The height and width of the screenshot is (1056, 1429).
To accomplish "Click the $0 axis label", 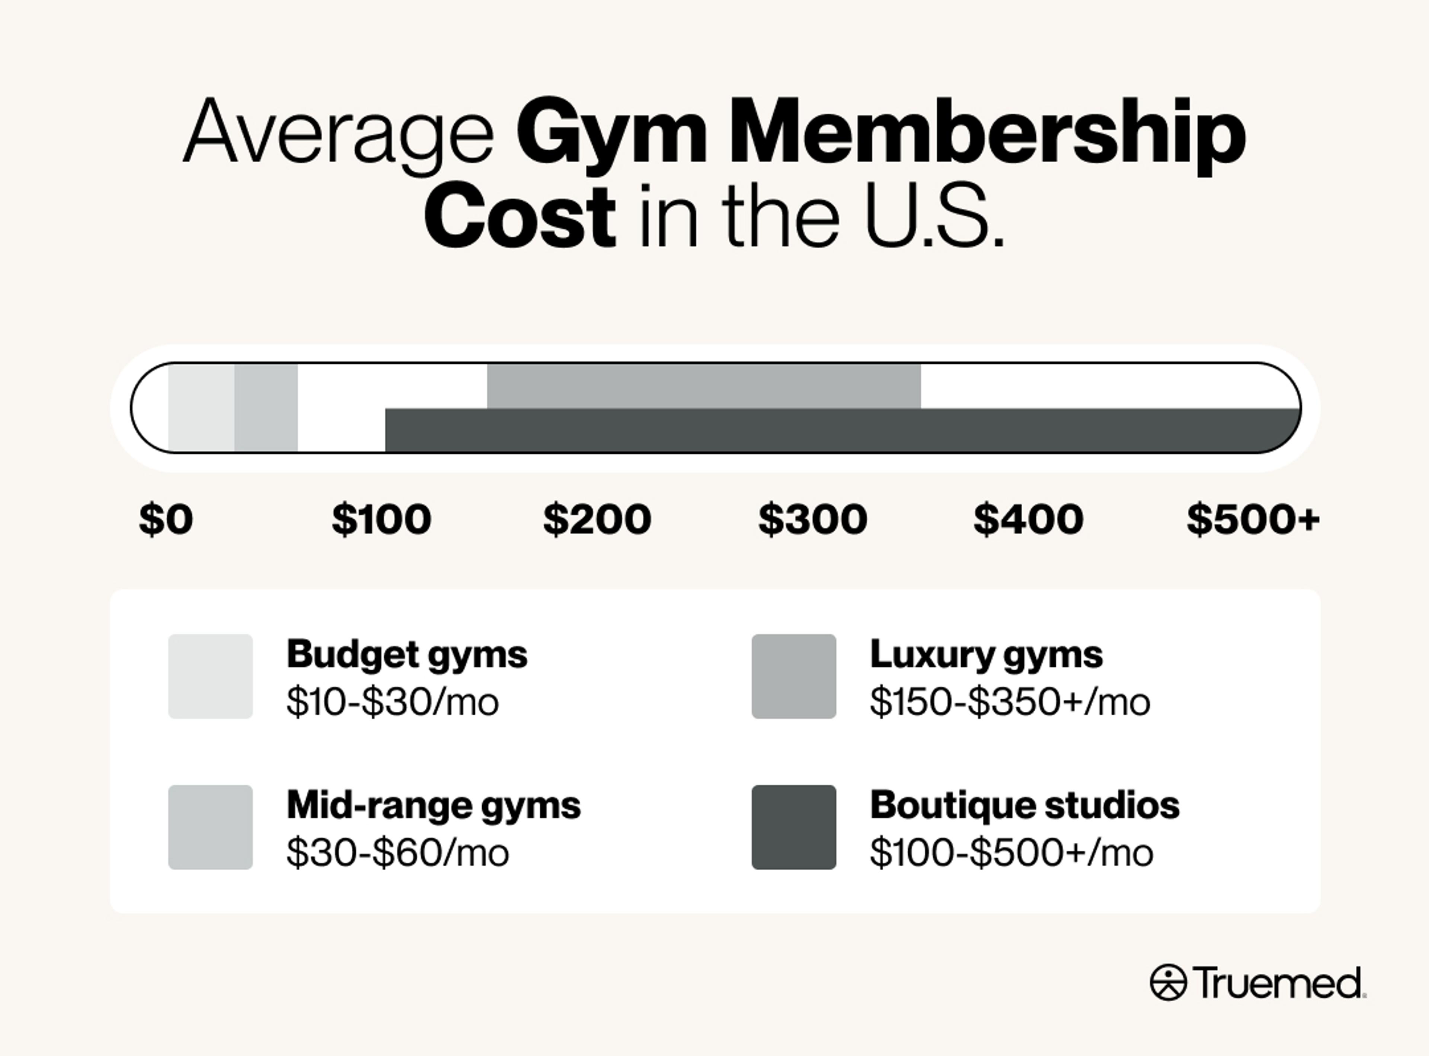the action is (166, 519).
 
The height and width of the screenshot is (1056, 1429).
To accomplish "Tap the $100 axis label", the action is (381, 519).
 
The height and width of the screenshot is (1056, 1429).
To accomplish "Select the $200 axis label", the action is (597, 519).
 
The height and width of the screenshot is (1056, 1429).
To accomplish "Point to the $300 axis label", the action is (812, 519).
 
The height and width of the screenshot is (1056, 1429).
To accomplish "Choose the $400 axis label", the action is (1028, 519).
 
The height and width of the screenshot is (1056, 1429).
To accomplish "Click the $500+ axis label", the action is (1253, 519).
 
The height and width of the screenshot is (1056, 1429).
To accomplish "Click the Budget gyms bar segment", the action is (201, 408).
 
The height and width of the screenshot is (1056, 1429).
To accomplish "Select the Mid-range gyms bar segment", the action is (266, 408).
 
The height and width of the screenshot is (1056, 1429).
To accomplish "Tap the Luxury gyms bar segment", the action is (704, 386).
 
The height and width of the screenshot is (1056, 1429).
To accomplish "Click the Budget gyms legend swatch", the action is (210, 676).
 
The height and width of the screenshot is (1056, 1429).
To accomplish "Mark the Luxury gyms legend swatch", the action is (794, 676).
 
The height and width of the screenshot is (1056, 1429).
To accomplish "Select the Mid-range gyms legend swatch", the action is (210, 827).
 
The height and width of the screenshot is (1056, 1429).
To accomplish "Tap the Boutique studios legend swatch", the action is (794, 827).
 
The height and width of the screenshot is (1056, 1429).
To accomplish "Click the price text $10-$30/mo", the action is (392, 702).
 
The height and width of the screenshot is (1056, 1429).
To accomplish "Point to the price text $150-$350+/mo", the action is (1010, 702).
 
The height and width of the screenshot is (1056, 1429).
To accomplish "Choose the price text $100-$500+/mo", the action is (1012, 853).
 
